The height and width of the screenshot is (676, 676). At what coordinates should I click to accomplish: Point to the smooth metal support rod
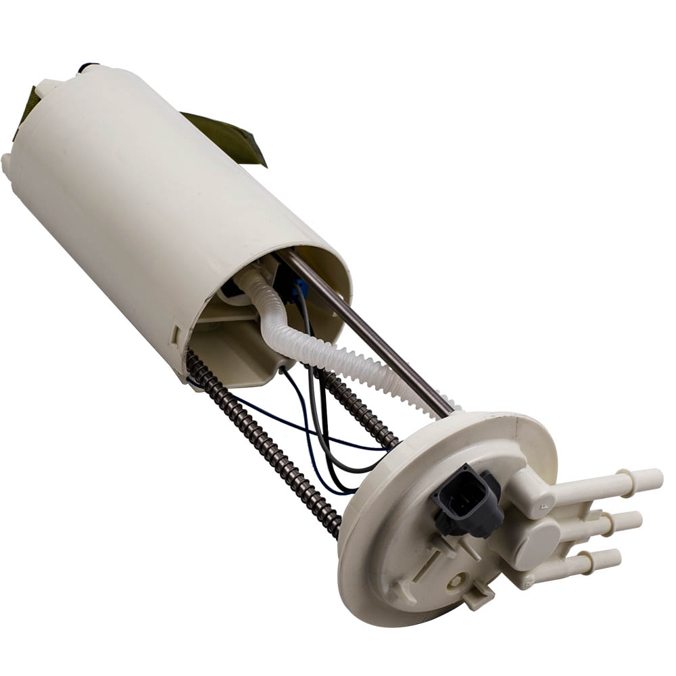(379, 338)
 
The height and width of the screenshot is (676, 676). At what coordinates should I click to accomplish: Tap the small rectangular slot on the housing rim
(176, 333)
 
